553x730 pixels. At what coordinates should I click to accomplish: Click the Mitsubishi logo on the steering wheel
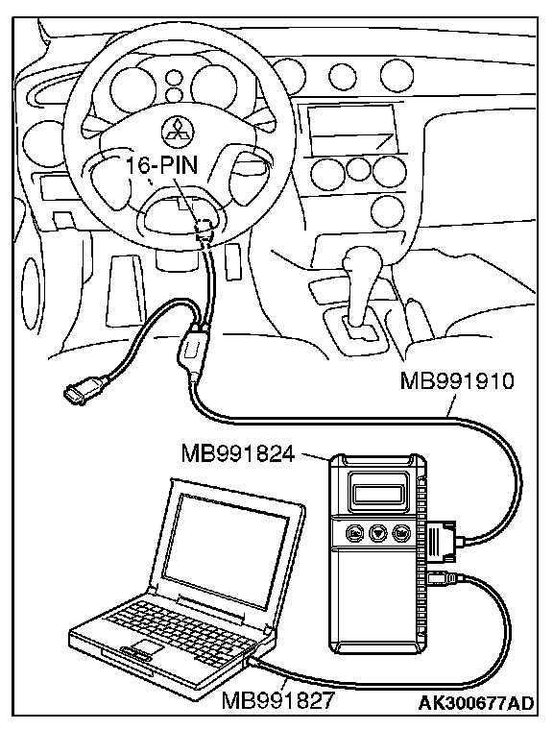(x=176, y=131)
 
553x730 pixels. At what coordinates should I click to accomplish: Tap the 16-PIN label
(x=162, y=165)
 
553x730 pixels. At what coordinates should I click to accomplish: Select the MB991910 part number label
(x=457, y=381)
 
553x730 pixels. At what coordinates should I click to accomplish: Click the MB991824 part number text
(x=238, y=453)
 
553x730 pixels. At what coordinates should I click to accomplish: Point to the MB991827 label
(x=278, y=699)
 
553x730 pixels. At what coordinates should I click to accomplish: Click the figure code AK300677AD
(x=475, y=702)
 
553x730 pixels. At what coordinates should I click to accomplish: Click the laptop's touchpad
(x=146, y=646)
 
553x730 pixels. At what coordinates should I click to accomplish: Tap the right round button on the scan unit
(x=400, y=532)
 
